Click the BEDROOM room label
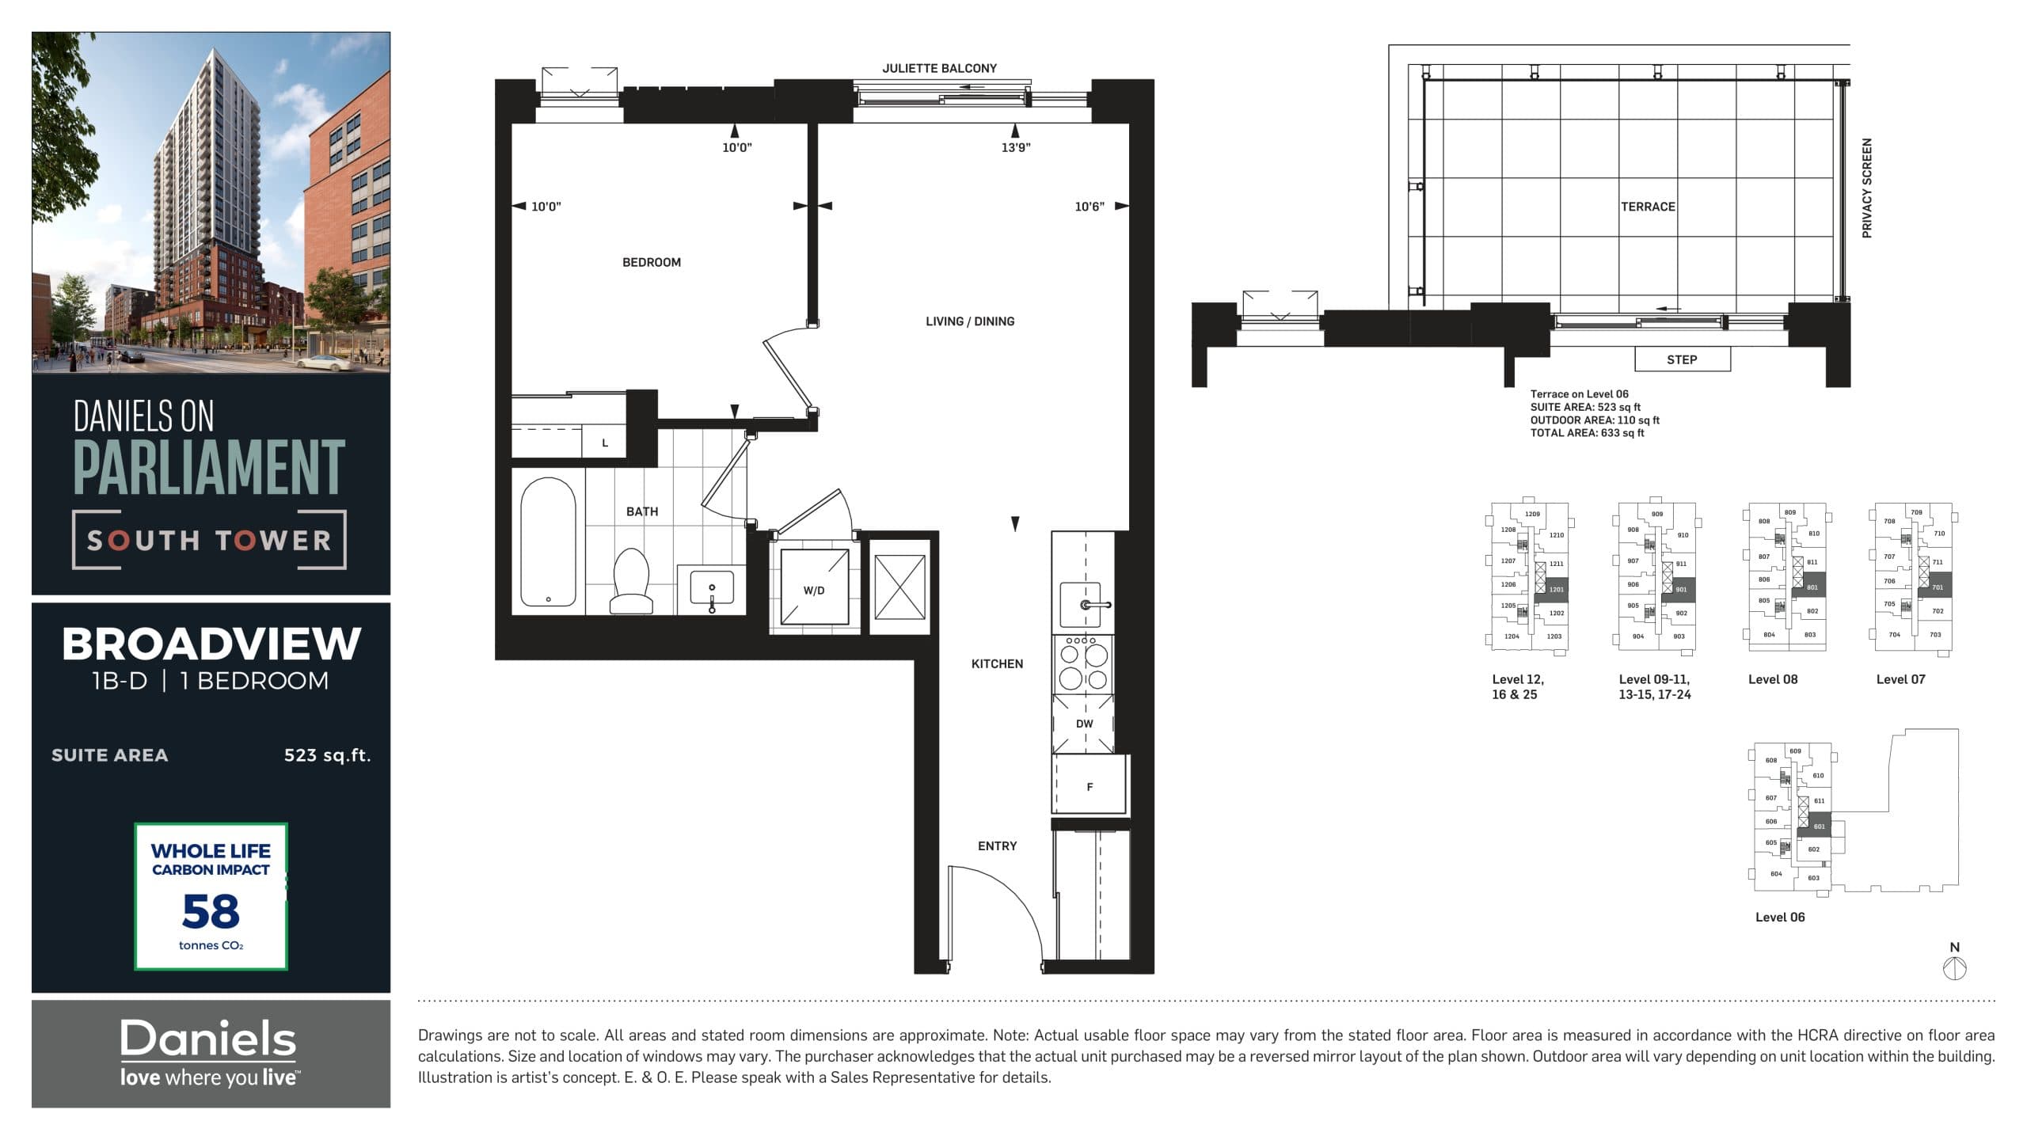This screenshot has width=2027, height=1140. coord(651,262)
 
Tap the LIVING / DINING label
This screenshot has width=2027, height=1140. coord(969,321)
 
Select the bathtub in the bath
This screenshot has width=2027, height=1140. coord(548,541)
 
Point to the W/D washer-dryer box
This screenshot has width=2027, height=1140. coord(814,590)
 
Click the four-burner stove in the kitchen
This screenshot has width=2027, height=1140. coord(1083,665)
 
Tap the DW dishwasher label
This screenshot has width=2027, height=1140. coord(1084,724)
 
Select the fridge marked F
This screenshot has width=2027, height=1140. coord(1090,786)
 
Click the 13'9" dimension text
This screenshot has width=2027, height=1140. coord(1016,147)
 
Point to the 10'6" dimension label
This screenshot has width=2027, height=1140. coord(1089,207)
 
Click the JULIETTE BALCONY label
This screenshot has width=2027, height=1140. coord(939,69)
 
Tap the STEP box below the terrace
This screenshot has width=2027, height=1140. coord(1682,359)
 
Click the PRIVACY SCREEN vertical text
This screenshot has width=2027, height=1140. coord(1866,188)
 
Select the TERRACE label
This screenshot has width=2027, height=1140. coord(1648,207)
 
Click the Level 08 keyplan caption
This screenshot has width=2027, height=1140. coord(1772,679)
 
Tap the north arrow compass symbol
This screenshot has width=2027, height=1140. coord(1954,967)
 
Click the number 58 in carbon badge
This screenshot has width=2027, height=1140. coord(211,911)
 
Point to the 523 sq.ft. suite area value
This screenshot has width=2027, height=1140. coord(327,755)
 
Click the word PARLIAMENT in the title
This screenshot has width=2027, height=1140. coord(209,468)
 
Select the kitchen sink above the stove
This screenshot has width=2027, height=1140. coord(1082,604)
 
